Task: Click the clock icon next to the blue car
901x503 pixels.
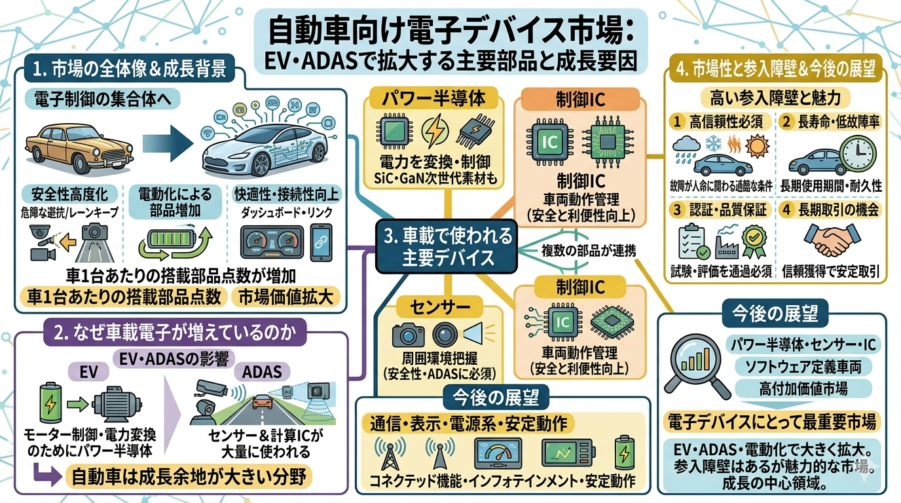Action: point(863,156)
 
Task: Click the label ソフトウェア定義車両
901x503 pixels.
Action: point(800,366)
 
